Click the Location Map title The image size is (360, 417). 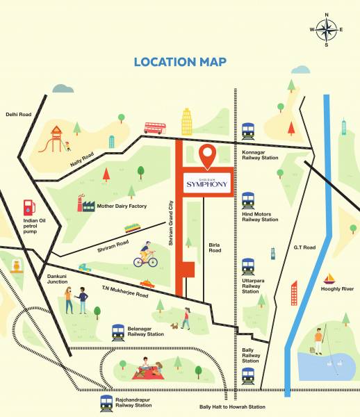point(180,62)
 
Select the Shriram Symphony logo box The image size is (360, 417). point(206,184)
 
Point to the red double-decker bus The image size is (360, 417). point(155,128)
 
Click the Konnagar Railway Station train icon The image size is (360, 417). point(248,131)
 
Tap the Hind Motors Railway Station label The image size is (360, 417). point(260,217)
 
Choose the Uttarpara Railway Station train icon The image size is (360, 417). point(248,266)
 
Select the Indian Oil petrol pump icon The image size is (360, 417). point(28,206)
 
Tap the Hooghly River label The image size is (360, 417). point(338,289)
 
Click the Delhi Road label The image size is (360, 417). point(19,115)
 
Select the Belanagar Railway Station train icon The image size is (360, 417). point(118,331)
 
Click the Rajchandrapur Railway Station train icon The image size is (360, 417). point(106,402)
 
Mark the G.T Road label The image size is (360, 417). point(304,247)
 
